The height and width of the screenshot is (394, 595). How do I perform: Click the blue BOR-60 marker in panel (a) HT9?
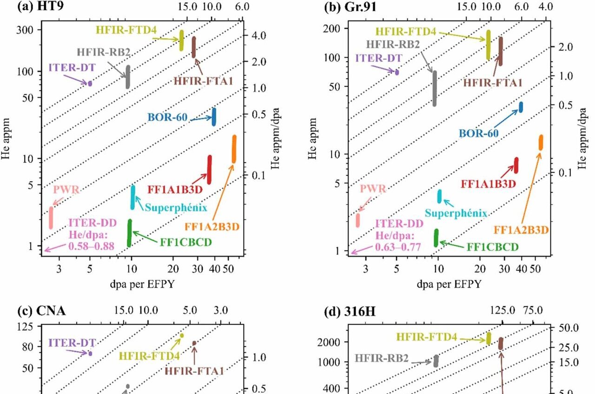point(214,117)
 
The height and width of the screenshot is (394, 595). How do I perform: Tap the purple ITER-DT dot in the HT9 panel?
point(90,83)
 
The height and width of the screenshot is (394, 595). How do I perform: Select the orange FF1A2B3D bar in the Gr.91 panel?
point(541,143)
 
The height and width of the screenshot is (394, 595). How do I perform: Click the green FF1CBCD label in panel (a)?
point(185,242)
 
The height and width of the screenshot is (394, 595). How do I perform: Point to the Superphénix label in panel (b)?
point(456,213)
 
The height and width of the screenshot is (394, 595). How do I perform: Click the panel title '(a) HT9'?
point(40,6)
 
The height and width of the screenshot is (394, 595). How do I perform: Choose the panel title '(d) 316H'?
point(350,311)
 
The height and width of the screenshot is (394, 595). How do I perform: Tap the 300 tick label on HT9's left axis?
point(25,30)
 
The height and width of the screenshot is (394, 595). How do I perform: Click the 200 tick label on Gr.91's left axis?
point(332,28)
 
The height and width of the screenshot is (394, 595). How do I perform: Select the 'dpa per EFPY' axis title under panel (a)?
point(142,284)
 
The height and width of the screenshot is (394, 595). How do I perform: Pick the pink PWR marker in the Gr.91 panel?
point(358,220)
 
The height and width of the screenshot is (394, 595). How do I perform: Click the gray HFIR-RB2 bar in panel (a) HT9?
point(128,77)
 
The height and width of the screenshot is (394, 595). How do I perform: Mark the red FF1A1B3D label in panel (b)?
point(488,184)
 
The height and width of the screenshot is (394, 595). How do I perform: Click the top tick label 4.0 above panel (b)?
point(546,7)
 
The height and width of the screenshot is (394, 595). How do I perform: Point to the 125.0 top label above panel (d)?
point(502,310)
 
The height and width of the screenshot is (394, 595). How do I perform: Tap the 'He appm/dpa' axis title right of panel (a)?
point(275,138)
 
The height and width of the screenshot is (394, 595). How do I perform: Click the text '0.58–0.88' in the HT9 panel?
point(92,246)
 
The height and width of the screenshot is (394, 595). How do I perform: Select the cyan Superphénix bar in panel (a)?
point(133,197)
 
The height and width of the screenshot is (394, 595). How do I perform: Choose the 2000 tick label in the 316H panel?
point(329,342)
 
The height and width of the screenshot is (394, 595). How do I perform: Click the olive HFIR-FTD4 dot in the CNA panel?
point(182,335)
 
